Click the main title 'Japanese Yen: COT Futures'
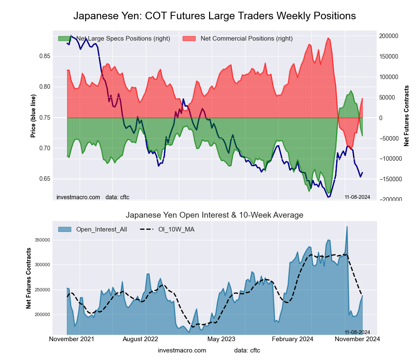point(215,16)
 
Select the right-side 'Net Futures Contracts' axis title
point(406,116)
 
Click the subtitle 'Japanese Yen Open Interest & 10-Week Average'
point(215,215)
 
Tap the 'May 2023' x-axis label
point(222,339)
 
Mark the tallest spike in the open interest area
point(347,226)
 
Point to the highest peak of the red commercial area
point(328,38)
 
